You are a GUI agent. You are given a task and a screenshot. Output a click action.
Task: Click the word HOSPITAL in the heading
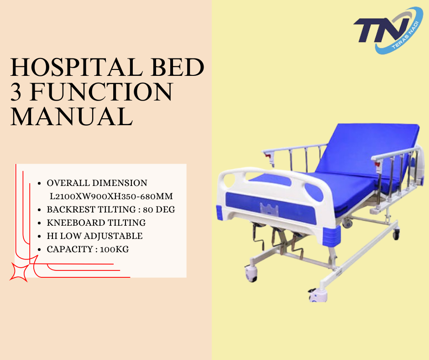coord(76,67)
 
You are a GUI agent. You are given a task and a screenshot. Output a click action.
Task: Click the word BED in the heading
coord(178,67)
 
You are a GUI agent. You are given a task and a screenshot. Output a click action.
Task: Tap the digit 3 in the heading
coord(16,92)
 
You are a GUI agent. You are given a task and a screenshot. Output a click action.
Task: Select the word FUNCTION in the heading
coord(101,92)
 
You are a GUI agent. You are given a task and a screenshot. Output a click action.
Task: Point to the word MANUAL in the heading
coord(72,116)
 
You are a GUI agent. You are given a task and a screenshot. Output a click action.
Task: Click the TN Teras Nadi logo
coord(388,30)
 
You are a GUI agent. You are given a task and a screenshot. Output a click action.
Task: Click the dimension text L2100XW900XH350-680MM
coord(111,196)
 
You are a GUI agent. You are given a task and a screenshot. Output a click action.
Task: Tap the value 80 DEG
coord(159,210)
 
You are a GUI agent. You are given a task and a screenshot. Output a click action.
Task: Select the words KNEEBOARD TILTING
coord(96,223)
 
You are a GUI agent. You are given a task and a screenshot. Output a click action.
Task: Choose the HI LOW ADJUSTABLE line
coord(94,236)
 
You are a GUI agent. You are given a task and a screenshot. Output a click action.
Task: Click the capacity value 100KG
coord(115,249)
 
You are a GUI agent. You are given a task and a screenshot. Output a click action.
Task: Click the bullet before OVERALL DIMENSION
coord(40,183)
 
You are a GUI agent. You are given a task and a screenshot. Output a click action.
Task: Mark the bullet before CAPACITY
coord(40,249)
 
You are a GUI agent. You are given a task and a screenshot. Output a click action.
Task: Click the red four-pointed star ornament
coord(19,271)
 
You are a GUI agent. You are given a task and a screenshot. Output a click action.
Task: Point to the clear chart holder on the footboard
coord(269,210)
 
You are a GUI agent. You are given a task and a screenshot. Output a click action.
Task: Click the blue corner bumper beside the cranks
coord(332,235)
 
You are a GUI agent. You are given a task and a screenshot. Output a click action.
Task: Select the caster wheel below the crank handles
coord(251,274)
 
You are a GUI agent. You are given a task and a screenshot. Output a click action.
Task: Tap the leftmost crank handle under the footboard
coord(259,236)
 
